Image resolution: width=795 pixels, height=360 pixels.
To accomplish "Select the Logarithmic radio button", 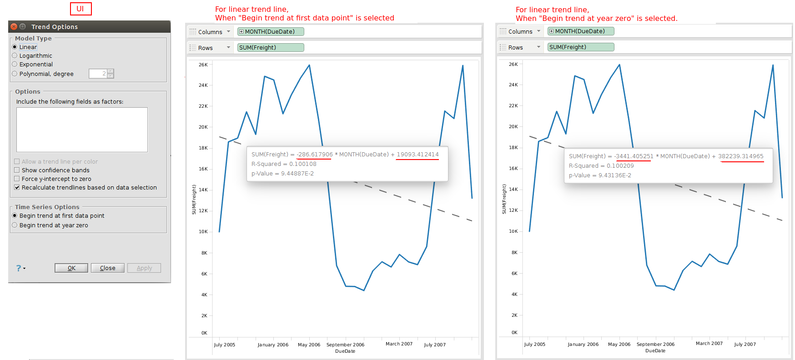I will (15, 55).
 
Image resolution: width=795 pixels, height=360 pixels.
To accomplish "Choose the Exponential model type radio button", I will (15, 64).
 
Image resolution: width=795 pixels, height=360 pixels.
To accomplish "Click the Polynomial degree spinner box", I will (98, 74).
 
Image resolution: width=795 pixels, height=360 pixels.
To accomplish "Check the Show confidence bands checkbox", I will (17, 170).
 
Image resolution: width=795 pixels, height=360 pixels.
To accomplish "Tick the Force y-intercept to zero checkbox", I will (17, 179).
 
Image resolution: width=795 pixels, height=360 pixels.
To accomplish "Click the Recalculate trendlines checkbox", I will (17, 187).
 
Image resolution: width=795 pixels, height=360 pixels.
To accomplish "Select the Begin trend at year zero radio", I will (15, 225).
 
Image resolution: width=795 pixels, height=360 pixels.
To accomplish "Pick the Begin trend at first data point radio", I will (15, 215).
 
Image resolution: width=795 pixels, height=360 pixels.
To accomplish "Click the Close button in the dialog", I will (107, 268).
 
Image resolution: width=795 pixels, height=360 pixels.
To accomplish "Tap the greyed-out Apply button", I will (144, 268).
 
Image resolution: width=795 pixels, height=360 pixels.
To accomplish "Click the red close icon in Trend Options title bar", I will (14, 27).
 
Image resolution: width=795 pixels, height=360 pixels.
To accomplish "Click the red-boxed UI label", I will (81, 9).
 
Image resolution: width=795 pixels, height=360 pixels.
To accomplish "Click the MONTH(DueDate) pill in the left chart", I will (271, 32).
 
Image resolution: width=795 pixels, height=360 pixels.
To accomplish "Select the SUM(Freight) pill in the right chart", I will (580, 47).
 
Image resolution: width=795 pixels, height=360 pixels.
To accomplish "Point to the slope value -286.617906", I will (314, 155).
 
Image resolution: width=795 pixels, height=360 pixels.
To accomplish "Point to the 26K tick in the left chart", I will (203, 65).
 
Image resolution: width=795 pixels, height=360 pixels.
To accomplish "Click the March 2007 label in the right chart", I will (709, 344).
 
